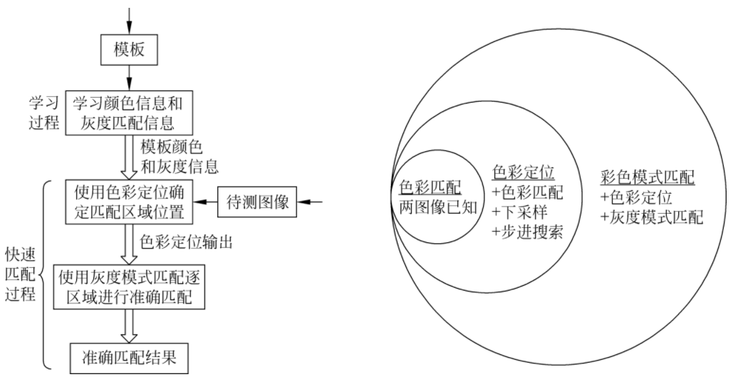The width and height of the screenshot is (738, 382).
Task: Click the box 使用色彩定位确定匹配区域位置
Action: coord(130,202)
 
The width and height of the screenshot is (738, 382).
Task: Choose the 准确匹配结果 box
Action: coord(130,357)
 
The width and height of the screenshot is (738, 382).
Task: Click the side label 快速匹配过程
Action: coord(19,274)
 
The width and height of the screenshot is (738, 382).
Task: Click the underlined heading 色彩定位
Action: coord(524,172)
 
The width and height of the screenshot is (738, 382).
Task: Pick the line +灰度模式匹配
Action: coord(652,217)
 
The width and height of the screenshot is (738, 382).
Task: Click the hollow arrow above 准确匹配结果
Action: coord(130,326)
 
